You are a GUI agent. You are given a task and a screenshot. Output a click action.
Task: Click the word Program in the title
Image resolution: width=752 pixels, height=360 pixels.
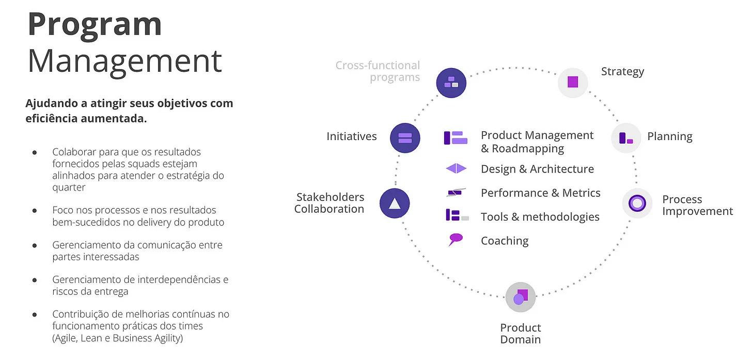tap(95, 24)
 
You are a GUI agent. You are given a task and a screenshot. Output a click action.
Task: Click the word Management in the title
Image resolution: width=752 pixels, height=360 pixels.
tap(124, 60)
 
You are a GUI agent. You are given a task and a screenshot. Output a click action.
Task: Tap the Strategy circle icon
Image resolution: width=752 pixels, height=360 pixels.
tap(573, 82)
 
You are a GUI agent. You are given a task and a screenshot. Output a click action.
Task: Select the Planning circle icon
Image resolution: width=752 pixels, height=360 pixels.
tap(625, 138)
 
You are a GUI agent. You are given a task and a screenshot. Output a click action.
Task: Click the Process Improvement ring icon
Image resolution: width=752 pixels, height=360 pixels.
tap(637, 203)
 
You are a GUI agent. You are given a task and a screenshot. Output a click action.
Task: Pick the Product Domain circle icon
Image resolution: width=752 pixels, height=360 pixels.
tap(520, 297)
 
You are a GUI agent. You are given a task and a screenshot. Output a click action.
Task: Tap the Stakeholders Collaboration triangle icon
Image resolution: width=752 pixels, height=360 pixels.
tap(395, 203)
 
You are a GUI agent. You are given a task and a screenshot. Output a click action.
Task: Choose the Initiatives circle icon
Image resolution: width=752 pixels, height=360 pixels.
tap(405, 138)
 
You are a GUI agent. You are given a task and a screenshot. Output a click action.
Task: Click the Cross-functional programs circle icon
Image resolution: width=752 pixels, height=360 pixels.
tap(451, 82)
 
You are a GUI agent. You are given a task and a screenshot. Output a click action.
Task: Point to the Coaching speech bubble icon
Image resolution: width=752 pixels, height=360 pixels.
tap(456, 240)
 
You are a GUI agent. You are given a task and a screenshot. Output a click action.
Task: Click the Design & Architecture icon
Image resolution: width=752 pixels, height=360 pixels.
tap(456, 169)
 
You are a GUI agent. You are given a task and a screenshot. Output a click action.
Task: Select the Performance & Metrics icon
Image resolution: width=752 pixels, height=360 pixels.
tap(456, 193)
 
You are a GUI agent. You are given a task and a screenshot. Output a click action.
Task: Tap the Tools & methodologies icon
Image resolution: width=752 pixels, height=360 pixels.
tap(457, 216)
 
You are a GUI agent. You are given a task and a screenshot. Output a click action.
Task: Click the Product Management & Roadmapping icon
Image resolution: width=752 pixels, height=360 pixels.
tap(456, 138)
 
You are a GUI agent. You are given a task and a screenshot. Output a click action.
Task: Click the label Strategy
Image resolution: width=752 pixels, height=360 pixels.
tap(622, 71)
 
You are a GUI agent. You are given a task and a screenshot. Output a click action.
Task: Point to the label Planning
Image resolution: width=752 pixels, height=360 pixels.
tap(669, 136)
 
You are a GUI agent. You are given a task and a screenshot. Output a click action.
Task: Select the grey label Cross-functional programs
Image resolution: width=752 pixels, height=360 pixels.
tap(378, 71)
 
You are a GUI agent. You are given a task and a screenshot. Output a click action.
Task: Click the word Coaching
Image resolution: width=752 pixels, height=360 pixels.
tap(505, 241)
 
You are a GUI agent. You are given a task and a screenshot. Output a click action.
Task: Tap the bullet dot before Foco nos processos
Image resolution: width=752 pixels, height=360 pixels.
tap(35, 211)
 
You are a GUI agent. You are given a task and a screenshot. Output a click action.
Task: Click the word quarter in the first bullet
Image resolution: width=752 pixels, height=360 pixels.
tap(69, 187)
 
